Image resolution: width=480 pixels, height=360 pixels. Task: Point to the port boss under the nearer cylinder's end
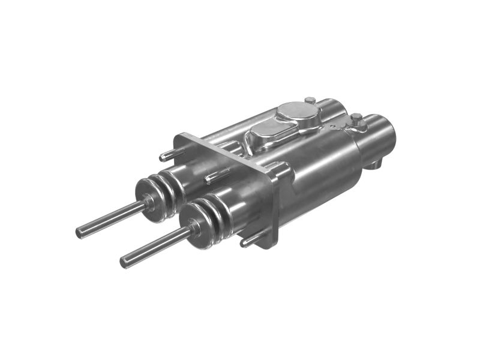(x=376, y=163)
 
